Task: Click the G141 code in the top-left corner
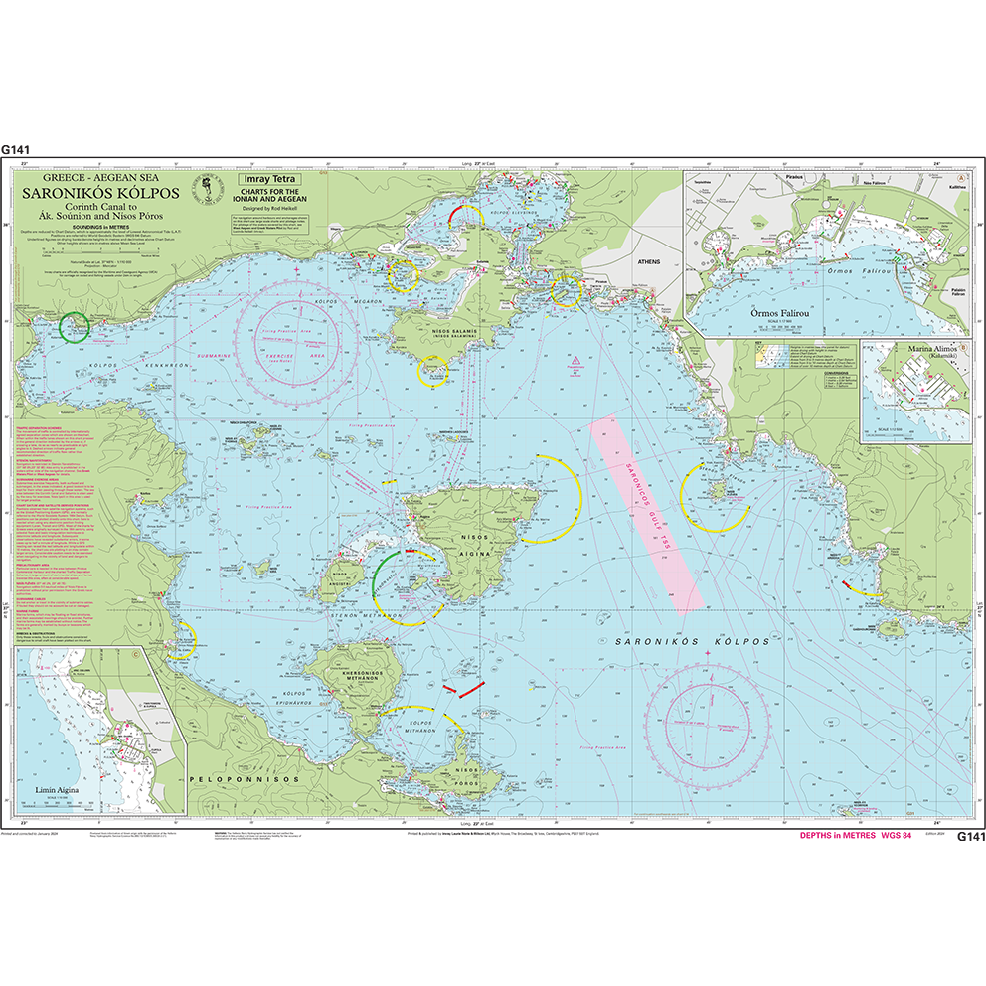pyautogui.click(x=16, y=149)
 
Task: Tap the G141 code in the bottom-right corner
pyautogui.click(x=969, y=837)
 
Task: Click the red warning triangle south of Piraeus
pyautogui.click(x=574, y=357)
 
